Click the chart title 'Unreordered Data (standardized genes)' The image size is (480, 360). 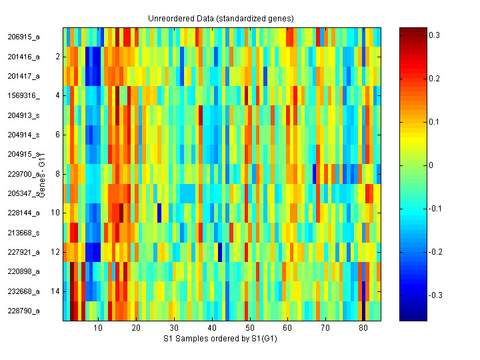point(222,18)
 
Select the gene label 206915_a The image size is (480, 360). point(24,37)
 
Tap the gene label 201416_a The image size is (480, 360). point(24,57)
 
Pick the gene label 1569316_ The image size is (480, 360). point(24,95)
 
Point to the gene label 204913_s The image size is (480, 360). point(24,115)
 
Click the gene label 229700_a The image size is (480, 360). point(24,174)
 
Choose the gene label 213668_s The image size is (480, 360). point(24,233)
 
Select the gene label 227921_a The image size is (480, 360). point(24,252)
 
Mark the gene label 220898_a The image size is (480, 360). point(24,271)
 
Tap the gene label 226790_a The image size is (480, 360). point(24,311)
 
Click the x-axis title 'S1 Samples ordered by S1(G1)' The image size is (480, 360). point(222,339)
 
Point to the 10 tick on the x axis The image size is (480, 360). point(98,329)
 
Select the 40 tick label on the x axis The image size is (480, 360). point(211,329)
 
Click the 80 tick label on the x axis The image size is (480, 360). point(363,329)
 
